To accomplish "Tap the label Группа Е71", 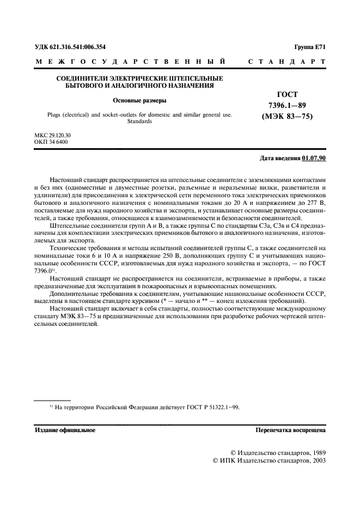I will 309,47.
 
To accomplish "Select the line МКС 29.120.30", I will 53,135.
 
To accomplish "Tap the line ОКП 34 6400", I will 51,141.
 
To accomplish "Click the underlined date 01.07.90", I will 314,158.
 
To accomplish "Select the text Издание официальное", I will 65,430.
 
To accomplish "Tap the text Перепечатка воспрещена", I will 291,430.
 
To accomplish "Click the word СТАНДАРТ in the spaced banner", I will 287,62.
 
